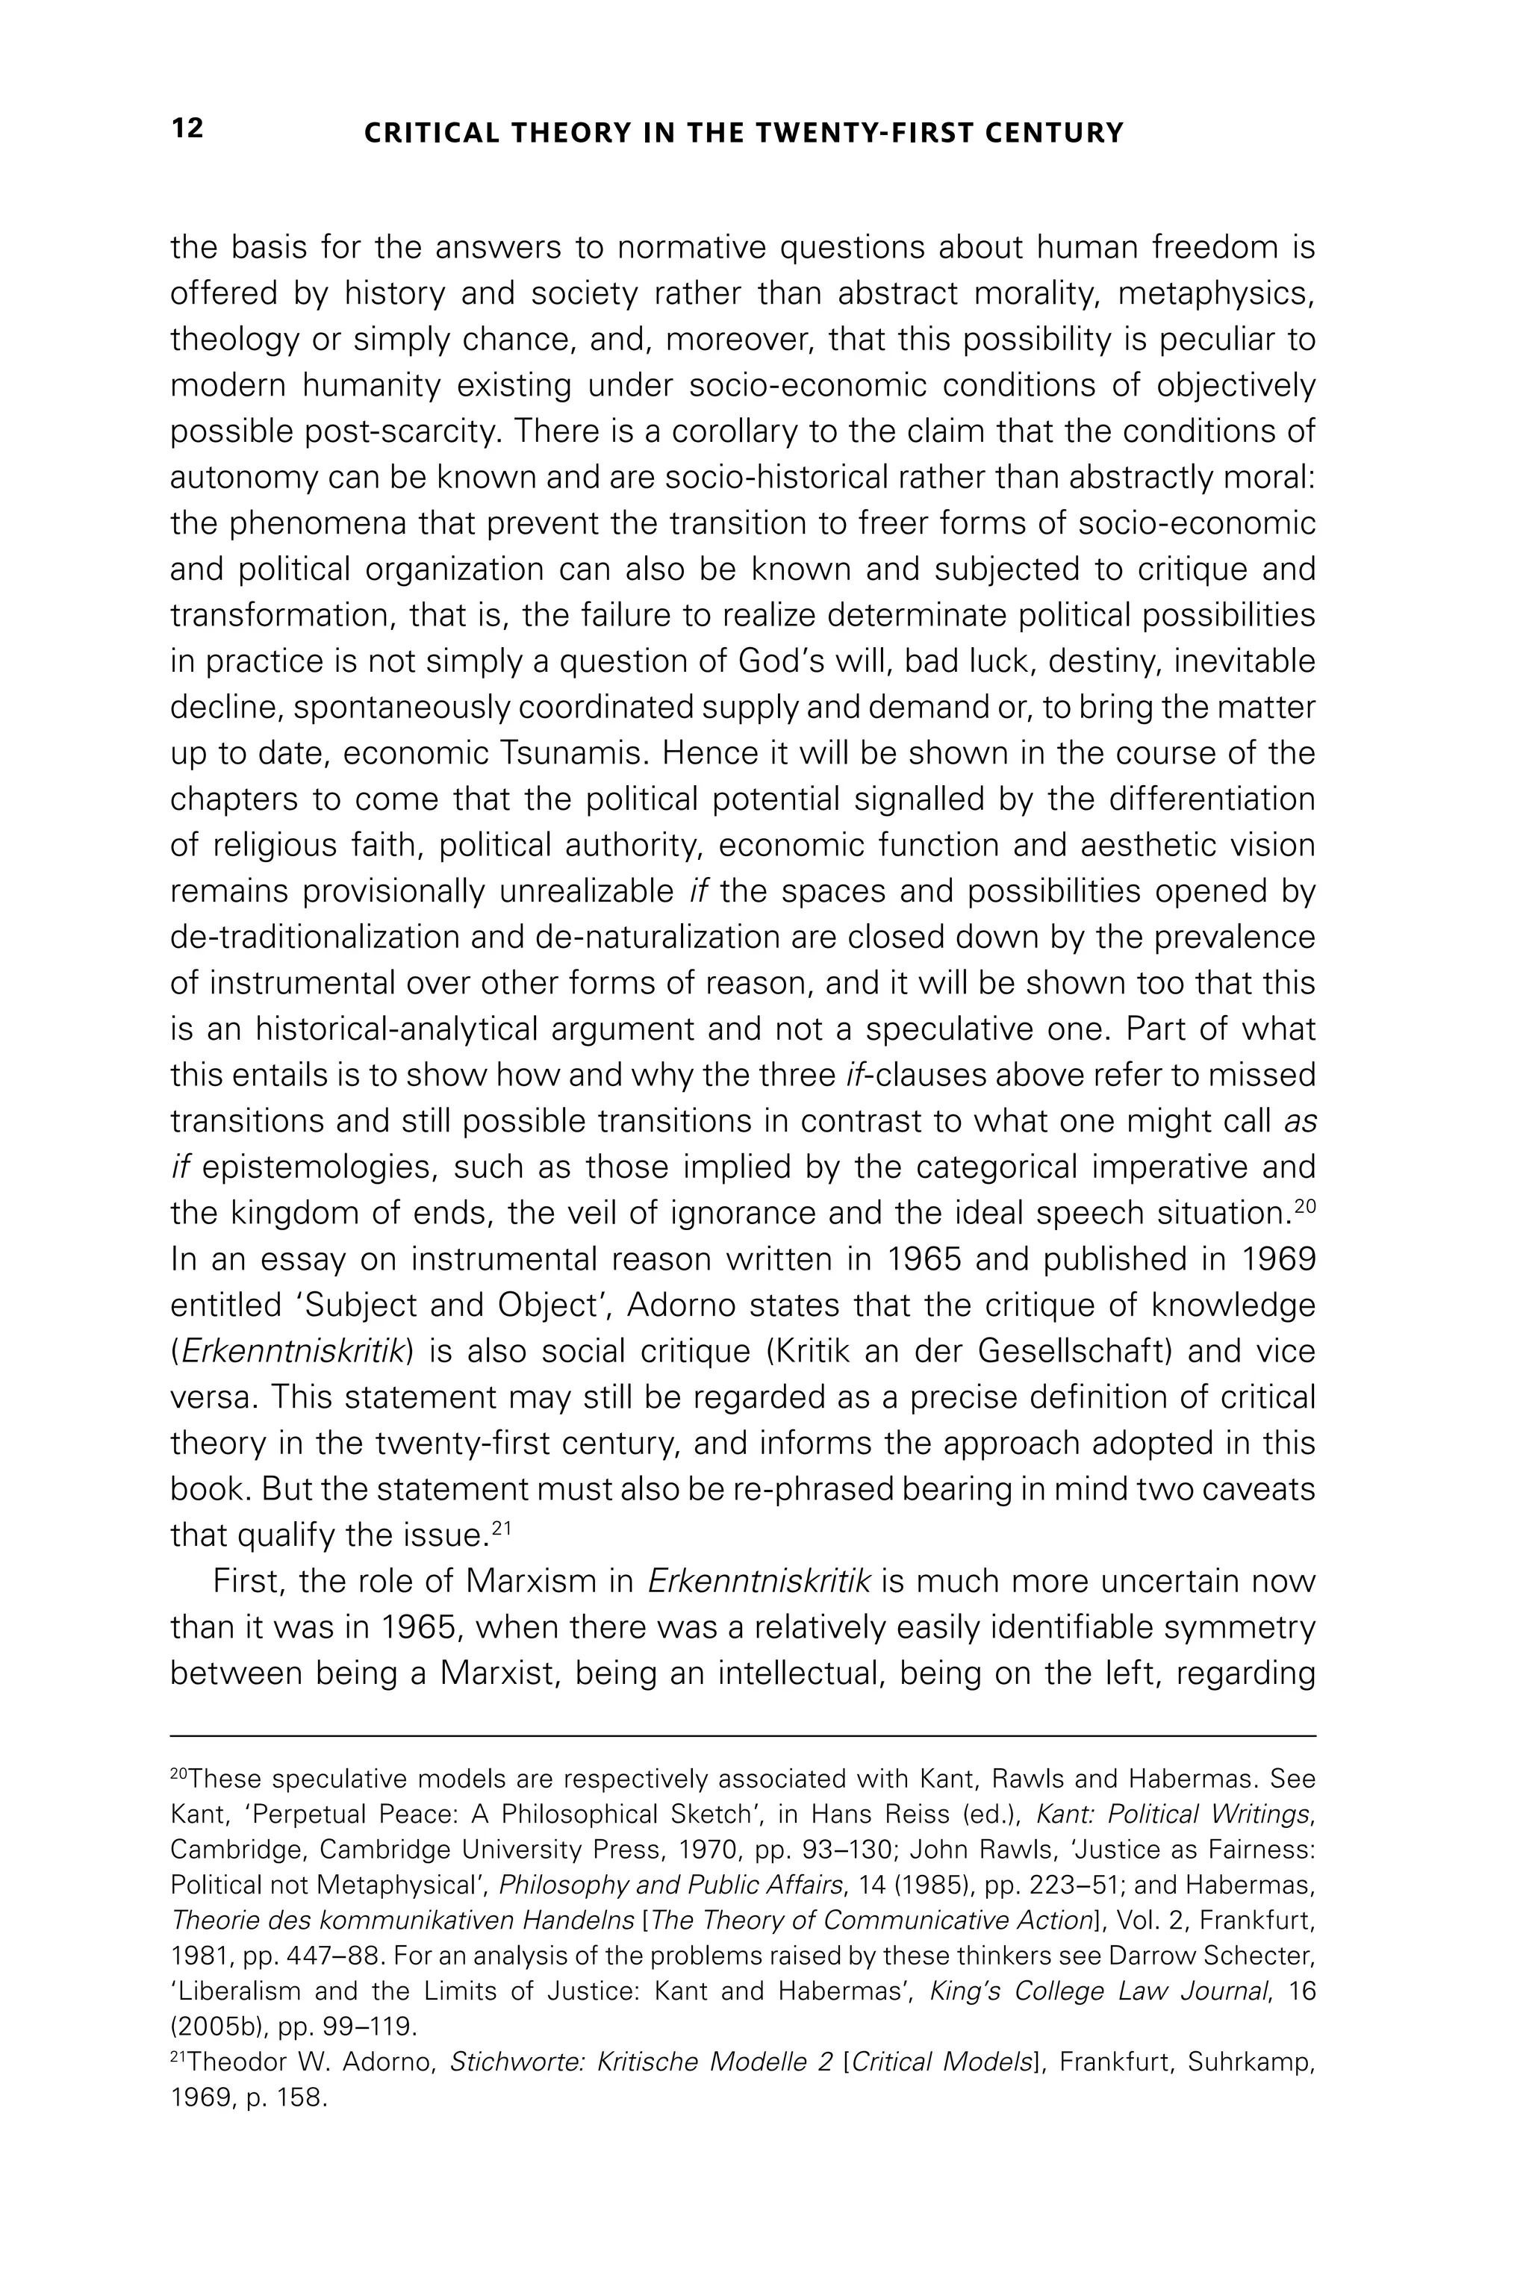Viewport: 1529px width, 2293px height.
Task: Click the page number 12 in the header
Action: click(187, 128)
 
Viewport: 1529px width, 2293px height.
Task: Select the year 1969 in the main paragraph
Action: click(1277, 1260)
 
